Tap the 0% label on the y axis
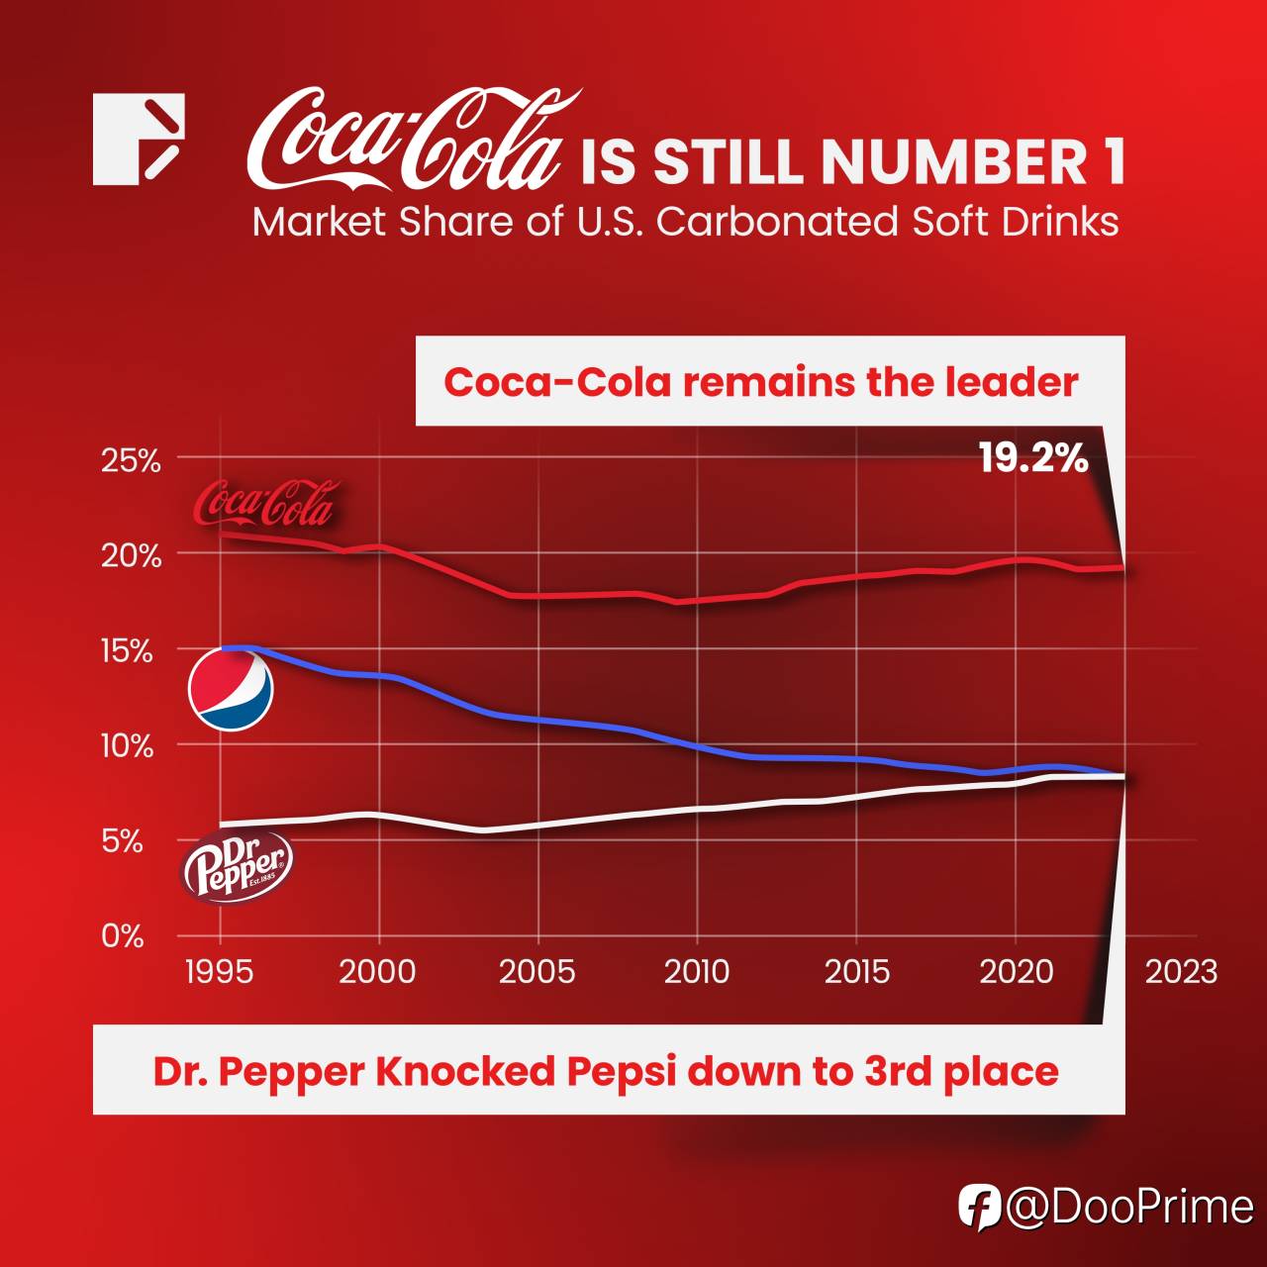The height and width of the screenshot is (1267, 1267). click(x=123, y=936)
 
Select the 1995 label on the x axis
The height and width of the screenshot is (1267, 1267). click(x=219, y=971)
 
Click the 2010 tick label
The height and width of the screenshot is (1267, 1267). click(x=697, y=971)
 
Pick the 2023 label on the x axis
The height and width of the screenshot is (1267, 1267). click(x=1181, y=971)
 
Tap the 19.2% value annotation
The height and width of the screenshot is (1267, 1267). click(x=1033, y=458)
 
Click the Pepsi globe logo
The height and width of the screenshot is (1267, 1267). click(x=231, y=688)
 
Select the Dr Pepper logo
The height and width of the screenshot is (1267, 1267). click(x=238, y=864)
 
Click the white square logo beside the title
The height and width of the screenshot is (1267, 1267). click(x=139, y=139)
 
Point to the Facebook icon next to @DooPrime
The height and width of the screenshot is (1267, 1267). click(x=979, y=1208)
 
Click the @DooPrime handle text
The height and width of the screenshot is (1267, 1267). click(x=1129, y=1208)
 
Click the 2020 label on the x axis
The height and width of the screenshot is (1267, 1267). click(x=1016, y=971)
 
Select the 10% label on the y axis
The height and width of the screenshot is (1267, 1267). click(x=127, y=747)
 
